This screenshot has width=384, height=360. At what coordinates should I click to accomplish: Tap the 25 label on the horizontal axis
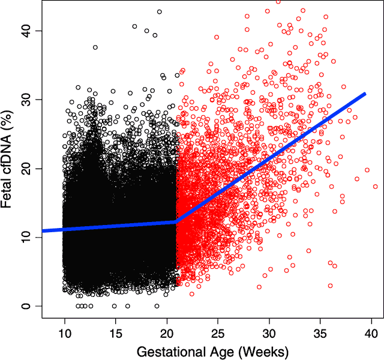click(218, 331)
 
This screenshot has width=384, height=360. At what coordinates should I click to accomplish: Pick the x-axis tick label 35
click(320, 331)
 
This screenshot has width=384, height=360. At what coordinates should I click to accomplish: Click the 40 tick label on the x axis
click(371, 331)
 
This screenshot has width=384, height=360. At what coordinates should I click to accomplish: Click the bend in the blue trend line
click(175, 222)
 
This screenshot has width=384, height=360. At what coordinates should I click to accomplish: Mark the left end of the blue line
click(43, 231)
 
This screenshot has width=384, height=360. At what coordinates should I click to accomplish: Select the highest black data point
click(159, 11)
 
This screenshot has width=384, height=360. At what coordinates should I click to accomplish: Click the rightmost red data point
click(376, 187)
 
